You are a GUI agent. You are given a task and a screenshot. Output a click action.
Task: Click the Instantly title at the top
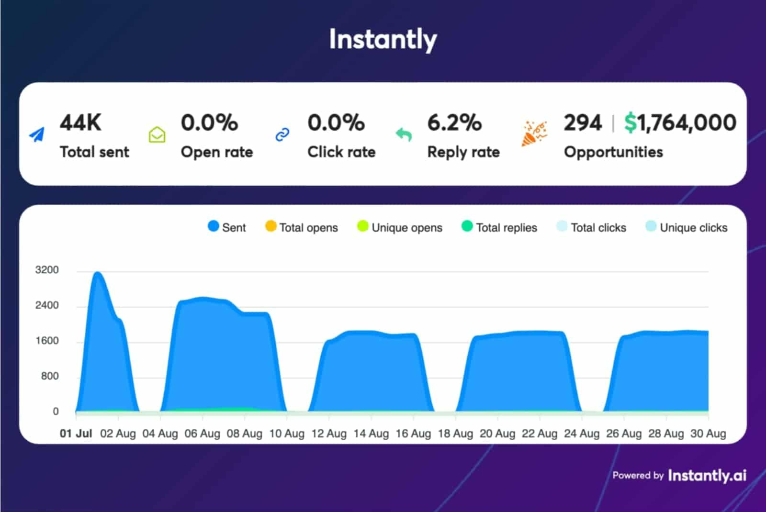[383, 39]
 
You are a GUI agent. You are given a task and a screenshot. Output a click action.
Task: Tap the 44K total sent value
[80, 122]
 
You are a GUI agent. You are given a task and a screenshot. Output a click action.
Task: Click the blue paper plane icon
[37, 135]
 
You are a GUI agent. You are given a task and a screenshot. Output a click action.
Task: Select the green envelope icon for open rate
[157, 135]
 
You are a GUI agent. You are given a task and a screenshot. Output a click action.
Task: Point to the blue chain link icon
[282, 135]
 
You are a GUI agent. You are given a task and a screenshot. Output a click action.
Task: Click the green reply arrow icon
[404, 135]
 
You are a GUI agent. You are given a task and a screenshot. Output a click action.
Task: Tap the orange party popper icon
[533, 134]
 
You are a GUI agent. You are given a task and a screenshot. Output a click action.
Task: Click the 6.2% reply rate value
[454, 122]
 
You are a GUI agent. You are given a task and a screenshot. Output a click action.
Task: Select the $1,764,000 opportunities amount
[680, 122]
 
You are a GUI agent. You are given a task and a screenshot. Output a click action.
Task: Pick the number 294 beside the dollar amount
[582, 122]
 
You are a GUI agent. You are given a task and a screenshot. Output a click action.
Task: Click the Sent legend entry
[227, 227]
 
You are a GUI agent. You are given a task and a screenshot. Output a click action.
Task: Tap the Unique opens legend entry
[400, 227]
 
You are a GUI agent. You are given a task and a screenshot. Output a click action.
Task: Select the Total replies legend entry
[499, 227]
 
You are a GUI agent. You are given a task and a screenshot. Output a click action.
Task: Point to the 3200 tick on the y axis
[47, 270]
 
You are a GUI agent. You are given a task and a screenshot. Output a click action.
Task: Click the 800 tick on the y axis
[50, 376]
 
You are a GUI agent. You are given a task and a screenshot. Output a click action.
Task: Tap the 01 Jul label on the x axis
[76, 434]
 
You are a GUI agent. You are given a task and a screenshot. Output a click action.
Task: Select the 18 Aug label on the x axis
[455, 434]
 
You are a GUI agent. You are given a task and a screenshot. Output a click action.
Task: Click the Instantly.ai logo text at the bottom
[707, 475]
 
